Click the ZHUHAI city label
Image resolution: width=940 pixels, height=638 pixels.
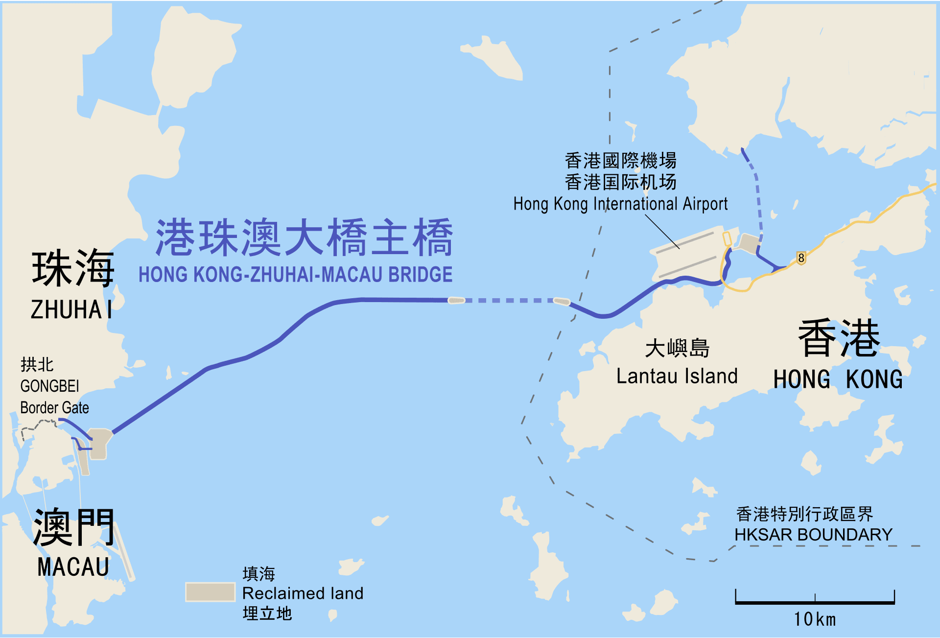point(71,309)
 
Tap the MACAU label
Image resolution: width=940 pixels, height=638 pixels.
point(73,567)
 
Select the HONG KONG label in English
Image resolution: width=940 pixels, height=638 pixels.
point(838,379)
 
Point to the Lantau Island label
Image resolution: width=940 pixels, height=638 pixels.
point(677,376)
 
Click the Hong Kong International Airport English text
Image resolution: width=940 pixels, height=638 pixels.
point(620,204)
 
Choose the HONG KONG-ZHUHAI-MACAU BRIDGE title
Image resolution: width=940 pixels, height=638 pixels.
point(295,274)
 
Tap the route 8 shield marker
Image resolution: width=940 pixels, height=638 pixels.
point(801,258)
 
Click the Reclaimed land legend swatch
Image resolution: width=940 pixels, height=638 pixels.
point(210,591)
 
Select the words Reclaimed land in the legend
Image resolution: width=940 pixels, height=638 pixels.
point(303,593)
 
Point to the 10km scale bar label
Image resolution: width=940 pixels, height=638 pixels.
point(815,619)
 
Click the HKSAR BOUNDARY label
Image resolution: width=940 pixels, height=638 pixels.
point(813,534)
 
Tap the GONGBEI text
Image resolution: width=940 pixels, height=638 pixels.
point(49,386)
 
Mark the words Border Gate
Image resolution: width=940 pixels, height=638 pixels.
point(54,407)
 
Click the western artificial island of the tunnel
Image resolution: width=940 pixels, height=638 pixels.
point(456,300)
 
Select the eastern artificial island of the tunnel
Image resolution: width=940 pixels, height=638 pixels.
point(562,301)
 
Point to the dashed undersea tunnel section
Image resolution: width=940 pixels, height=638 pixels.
point(509,300)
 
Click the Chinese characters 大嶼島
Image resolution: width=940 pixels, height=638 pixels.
point(677,348)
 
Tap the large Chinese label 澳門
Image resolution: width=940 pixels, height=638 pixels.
point(73,527)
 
